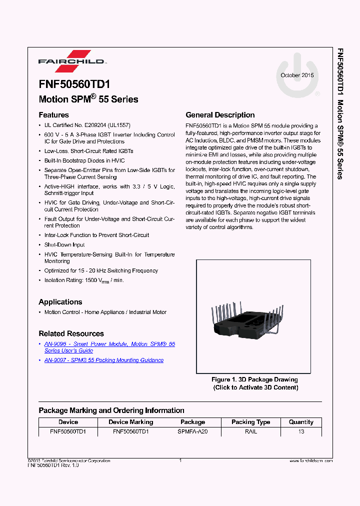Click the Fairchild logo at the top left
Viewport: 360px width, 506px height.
point(72,59)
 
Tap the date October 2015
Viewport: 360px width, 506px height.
point(297,75)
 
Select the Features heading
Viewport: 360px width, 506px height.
point(53,115)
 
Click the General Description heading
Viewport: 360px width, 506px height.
point(220,115)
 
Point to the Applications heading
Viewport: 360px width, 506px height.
point(60,302)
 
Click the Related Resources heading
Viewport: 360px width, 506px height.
point(71,333)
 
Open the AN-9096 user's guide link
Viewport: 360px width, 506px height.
point(109,347)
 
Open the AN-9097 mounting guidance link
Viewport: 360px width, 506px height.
point(104,360)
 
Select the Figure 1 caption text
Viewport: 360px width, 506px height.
point(254,383)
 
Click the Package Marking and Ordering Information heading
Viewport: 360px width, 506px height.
point(111,410)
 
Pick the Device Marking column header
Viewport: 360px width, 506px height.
point(131,422)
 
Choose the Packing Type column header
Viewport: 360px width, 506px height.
point(250,422)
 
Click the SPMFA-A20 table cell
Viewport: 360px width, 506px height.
point(192,431)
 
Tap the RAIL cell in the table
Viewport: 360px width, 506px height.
point(250,431)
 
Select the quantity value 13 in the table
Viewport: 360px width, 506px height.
point(301,431)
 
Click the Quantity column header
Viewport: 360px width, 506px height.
point(301,422)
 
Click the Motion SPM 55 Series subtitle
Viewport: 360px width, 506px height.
point(88,99)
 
